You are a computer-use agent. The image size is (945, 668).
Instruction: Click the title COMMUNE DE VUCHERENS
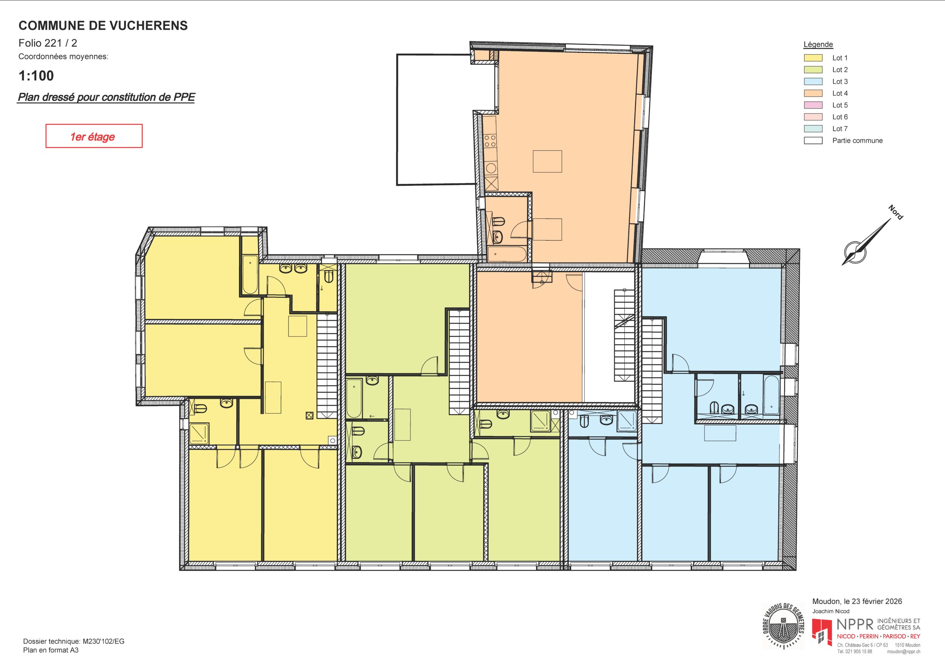[x=103, y=25]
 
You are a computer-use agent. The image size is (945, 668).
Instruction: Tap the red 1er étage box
[x=94, y=136]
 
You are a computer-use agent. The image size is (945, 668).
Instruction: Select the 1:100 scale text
[x=36, y=76]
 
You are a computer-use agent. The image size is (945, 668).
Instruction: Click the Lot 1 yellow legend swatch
[x=813, y=58]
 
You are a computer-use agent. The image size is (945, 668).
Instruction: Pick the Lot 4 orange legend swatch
[x=813, y=93]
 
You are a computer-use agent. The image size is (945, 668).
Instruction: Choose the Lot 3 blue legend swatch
[x=813, y=82]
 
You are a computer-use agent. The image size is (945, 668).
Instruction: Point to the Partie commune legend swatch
[x=813, y=141]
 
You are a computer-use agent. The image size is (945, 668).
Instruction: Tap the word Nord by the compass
[x=896, y=212]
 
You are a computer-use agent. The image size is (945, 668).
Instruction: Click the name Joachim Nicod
[x=831, y=611]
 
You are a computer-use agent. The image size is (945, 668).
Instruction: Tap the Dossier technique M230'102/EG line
[x=74, y=641]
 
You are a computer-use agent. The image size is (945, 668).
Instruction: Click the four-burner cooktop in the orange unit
[x=490, y=141]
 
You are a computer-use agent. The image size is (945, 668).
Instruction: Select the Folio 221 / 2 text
[x=48, y=43]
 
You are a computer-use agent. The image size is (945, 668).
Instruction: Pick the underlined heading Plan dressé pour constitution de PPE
[x=106, y=97]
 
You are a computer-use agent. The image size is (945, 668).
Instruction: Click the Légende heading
[x=818, y=44]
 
